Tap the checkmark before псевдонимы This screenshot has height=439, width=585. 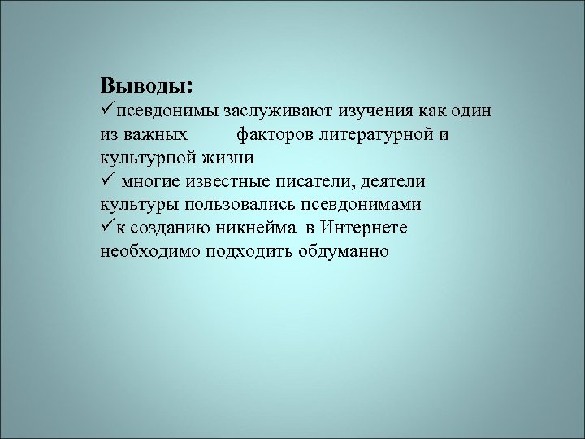pyautogui.click(x=107, y=110)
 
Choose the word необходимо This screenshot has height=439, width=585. pyautogui.click(x=150, y=251)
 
